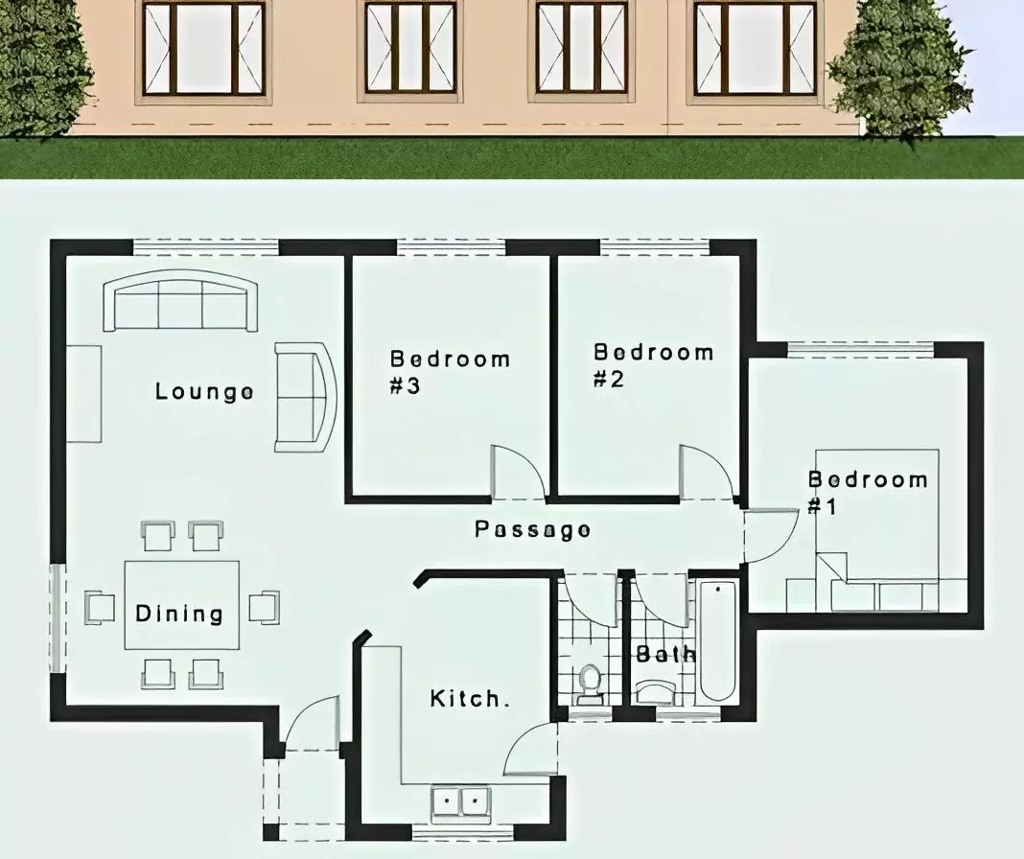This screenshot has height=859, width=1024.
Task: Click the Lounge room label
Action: (x=204, y=392)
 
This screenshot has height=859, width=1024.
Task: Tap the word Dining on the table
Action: (x=179, y=614)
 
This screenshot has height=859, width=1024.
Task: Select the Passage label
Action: (x=533, y=529)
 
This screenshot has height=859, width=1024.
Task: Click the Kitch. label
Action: (x=469, y=699)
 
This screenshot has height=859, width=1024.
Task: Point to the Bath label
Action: (x=666, y=654)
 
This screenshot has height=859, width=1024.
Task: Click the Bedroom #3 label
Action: (x=450, y=372)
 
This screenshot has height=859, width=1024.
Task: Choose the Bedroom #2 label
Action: (x=653, y=365)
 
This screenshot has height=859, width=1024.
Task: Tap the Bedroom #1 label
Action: (x=868, y=492)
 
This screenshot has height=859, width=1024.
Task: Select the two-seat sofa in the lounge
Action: (x=306, y=397)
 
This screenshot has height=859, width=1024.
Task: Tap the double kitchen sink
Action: (x=460, y=801)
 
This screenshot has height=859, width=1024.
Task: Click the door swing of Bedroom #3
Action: (x=518, y=472)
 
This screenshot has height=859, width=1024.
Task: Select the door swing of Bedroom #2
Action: (x=706, y=472)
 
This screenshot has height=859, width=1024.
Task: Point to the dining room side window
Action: (x=57, y=618)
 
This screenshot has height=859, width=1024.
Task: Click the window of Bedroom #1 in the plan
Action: (x=861, y=350)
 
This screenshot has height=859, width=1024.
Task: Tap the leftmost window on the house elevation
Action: (x=204, y=49)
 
